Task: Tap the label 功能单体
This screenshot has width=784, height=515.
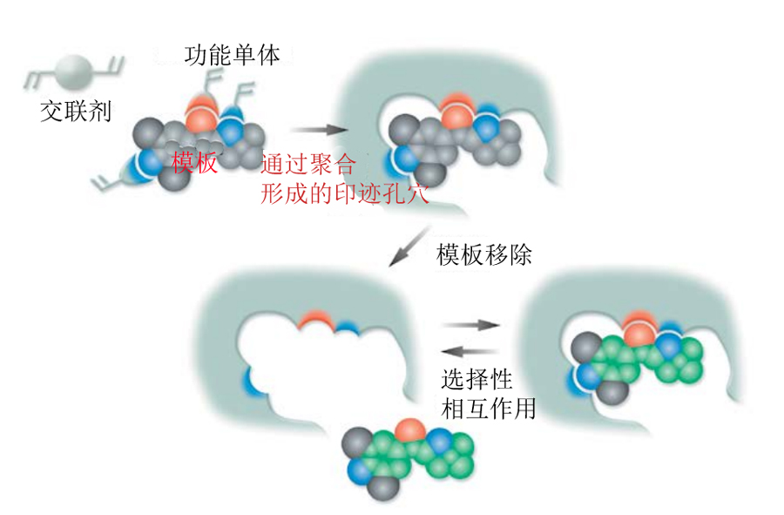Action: [233, 57]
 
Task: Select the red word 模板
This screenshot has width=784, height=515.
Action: [194, 162]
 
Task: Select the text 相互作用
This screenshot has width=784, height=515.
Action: [489, 406]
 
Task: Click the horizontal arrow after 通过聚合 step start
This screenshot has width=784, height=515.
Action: [314, 130]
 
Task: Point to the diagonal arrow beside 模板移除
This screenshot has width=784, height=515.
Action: [407, 247]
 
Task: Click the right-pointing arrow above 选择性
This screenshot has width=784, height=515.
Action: [471, 324]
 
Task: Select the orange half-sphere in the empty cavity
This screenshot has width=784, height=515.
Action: [313, 324]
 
